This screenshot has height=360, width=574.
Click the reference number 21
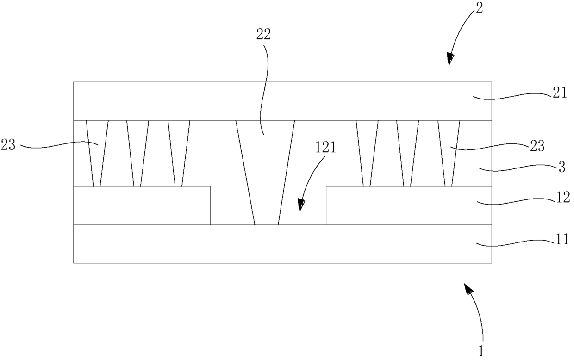pyautogui.click(x=560, y=93)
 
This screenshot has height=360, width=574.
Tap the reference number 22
pyautogui.click(x=263, y=35)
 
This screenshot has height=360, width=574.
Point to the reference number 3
pyautogui.click(x=561, y=167)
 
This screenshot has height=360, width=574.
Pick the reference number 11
pyautogui.click(x=562, y=241)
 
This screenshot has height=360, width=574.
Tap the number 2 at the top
pyautogui.click(x=479, y=8)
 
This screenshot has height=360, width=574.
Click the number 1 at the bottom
pyautogui.click(x=481, y=351)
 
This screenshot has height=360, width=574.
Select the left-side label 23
pyautogui.click(x=10, y=145)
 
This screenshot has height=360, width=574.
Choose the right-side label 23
pyautogui.click(x=537, y=146)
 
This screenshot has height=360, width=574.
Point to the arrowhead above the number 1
pyautogui.click(x=468, y=290)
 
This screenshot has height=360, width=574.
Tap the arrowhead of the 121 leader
pyautogui.click(x=302, y=204)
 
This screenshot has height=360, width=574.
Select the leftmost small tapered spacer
pyautogui.click(x=97, y=153)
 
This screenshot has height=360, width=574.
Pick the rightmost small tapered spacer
pyautogui.click(x=449, y=153)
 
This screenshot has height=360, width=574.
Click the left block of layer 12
pyautogui.click(x=142, y=205)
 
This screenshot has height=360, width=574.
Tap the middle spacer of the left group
pyautogui.click(x=137, y=153)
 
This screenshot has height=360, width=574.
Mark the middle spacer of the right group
pyautogui.click(x=408, y=153)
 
